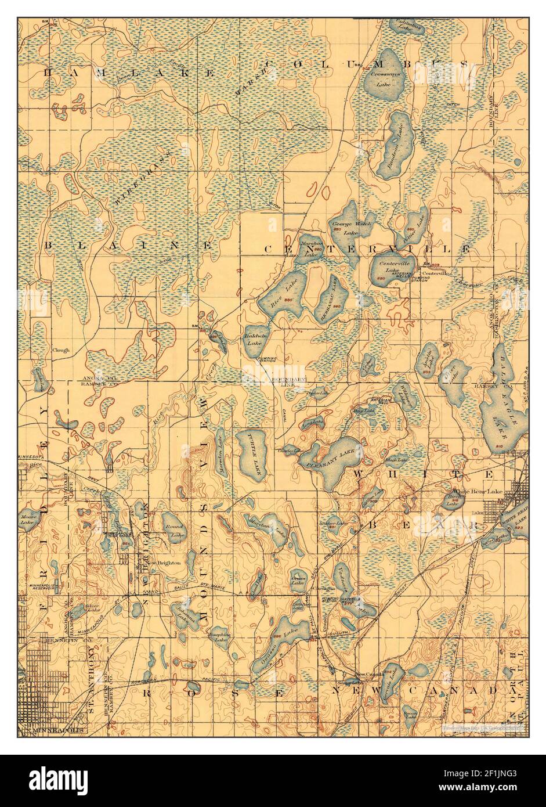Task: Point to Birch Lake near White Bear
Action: (x=454, y=500)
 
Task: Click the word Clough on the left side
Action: (x=60, y=351)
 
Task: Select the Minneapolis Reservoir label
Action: (x=39, y=584)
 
